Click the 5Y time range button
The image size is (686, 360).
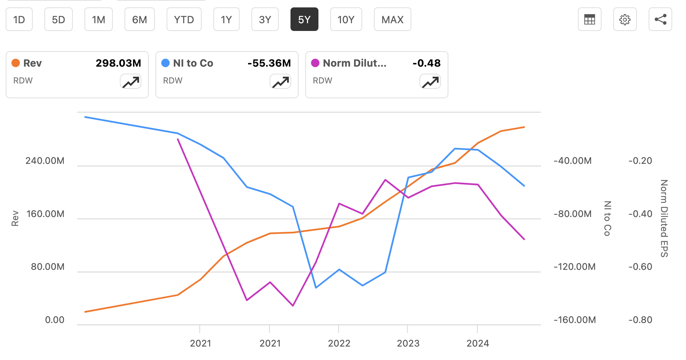click(x=304, y=20)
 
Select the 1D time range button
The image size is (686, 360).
click(x=19, y=20)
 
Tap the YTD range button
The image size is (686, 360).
click(x=184, y=20)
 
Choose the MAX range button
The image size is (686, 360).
click(x=392, y=20)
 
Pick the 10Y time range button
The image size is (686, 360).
click(x=346, y=20)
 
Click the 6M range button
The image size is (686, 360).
click(x=139, y=20)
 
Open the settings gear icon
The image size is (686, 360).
click(x=625, y=20)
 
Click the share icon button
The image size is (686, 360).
click(x=660, y=20)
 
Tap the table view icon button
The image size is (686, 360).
click(x=589, y=20)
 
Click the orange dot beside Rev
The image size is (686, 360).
click(x=15, y=63)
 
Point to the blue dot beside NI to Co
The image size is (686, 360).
click(x=165, y=63)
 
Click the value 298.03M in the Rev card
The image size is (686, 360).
click(x=118, y=63)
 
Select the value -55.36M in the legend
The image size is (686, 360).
click(x=269, y=63)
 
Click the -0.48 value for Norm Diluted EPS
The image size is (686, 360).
click(x=426, y=63)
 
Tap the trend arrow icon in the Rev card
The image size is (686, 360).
click(x=131, y=82)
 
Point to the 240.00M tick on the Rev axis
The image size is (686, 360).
click(x=45, y=160)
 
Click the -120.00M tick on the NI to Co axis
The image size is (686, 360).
click(x=575, y=267)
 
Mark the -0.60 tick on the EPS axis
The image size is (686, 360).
click(x=640, y=267)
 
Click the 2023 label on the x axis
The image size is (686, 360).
click(x=408, y=343)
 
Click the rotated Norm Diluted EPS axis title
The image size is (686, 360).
click(x=664, y=218)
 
